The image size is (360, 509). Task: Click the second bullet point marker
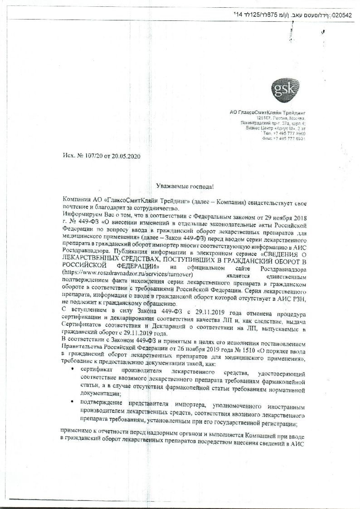coord(73,402)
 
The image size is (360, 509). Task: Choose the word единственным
coord(284,275)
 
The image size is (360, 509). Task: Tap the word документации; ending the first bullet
coord(101,395)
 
